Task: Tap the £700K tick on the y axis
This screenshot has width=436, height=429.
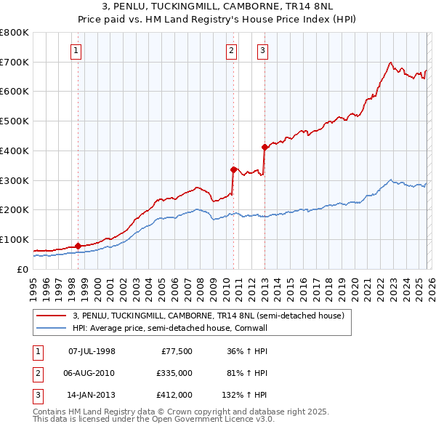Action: tap(15, 62)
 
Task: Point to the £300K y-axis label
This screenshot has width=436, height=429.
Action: tap(15, 180)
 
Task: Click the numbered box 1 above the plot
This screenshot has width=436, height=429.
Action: tap(76, 51)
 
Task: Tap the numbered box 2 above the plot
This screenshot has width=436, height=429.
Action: tap(231, 51)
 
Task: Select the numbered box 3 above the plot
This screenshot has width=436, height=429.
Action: tap(262, 51)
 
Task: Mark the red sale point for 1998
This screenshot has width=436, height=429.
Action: tap(78, 246)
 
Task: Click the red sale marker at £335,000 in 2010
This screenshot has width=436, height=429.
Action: tap(233, 169)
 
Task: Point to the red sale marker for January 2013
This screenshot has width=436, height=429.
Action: tap(265, 147)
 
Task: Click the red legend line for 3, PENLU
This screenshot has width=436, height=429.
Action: tap(52, 316)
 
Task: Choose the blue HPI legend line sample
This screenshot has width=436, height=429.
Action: tap(52, 328)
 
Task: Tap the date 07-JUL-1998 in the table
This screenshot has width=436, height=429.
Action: tap(92, 351)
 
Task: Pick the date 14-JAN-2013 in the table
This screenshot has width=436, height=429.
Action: tap(92, 395)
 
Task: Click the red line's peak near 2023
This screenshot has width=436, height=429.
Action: tap(391, 63)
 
